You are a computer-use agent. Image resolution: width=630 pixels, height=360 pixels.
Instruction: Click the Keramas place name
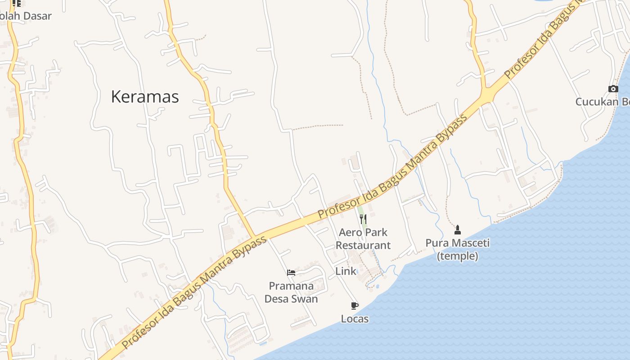[x=144, y=97]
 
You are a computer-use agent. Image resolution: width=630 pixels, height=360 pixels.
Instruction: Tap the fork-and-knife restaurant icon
[x=363, y=220]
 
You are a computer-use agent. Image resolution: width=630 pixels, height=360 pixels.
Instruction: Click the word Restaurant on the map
[x=363, y=245]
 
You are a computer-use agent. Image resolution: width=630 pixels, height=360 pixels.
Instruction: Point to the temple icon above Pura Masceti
[x=458, y=230]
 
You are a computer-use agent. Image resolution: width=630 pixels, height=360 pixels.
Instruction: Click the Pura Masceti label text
[x=458, y=243]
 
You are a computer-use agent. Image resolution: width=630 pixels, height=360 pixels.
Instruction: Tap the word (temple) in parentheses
[x=458, y=256]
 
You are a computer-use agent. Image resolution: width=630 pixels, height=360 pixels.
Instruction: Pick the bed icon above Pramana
[x=291, y=273]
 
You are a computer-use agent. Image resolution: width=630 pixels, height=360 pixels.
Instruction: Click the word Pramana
[x=291, y=286]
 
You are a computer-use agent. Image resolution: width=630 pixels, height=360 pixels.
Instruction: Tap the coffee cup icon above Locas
[x=355, y=306]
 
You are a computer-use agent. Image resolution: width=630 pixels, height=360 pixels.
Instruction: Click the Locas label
[x=355, y=319]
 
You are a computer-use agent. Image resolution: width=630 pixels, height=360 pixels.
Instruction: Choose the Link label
[x=346, y=271]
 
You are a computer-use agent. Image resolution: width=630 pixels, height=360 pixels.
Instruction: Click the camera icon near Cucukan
[x=613, y=89]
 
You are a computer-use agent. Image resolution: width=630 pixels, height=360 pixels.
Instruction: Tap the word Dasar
[x=36, y=16]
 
